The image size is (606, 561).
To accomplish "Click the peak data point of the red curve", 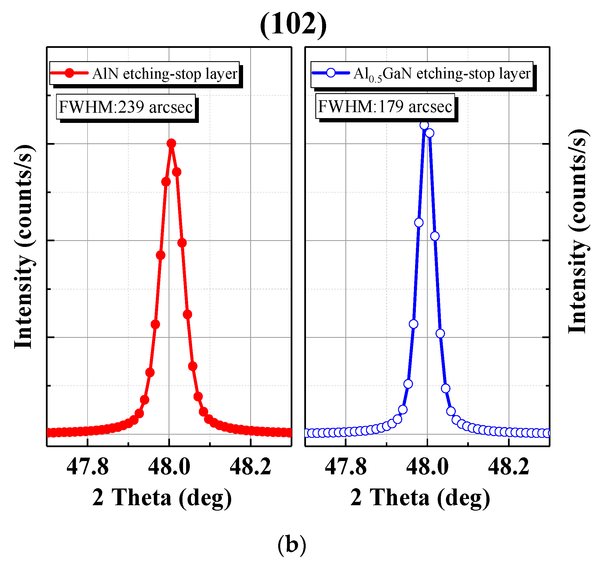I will (171, 143).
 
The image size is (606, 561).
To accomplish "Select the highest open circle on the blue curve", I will (424, 125).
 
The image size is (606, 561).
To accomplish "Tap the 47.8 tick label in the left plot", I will (88, 467).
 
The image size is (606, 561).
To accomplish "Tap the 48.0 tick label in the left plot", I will (169, 467).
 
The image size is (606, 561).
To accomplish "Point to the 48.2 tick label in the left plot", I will (251, 467).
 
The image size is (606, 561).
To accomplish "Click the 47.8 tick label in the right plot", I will (346, 467).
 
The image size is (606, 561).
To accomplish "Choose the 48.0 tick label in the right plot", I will (428, 467).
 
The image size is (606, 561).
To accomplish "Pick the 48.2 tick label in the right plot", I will (509, 467).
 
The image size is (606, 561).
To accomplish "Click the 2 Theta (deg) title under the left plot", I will (162, 498).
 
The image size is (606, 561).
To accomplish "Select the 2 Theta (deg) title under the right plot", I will (420, 498).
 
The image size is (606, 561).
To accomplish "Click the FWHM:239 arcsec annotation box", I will (126, 107).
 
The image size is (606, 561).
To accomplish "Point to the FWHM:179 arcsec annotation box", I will (385, 106).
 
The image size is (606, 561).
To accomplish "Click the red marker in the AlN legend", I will (70, 73).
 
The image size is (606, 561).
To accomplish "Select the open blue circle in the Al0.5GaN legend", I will (331, 73).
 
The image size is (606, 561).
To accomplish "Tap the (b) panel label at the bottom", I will (292, 544).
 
